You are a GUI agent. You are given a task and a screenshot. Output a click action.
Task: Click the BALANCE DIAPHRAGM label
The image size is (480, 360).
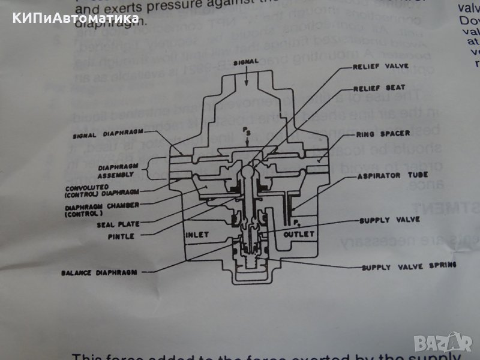pos(98,272)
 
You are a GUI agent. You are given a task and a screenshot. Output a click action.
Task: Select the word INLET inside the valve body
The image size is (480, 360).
pos(197,235)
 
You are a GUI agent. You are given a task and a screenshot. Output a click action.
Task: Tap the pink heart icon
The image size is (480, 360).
pos(462,343)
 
